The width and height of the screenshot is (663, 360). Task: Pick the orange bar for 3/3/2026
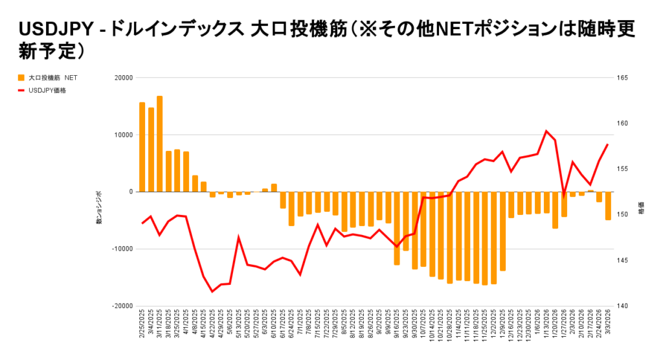(608, 206)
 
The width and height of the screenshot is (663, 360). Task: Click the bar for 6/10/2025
(274, 188)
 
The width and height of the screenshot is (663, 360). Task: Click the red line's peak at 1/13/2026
(546, 131)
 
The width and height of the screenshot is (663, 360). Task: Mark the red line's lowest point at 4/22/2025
(212, 291)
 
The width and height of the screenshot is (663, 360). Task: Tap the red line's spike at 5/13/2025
(238, 237)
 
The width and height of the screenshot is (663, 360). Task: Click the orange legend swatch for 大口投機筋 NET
(22, 78)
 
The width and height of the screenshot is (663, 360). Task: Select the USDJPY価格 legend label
(47, 91)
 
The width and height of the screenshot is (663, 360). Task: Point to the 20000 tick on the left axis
(122, 78)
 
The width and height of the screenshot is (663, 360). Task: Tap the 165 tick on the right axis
(623, 78)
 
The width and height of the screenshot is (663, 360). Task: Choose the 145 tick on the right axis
(623, 260)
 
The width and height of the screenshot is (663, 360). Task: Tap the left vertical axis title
(99, 208)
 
